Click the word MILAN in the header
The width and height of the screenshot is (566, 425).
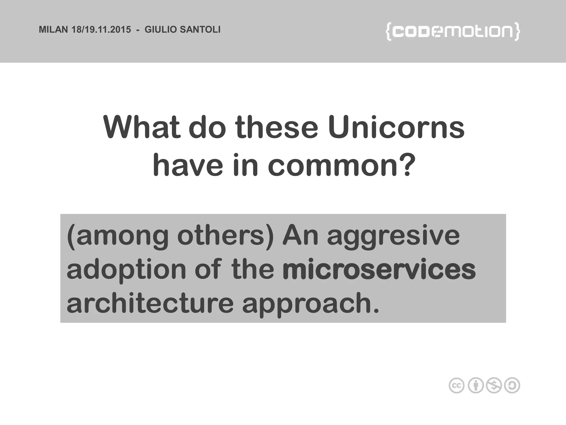click(x=53, y=30)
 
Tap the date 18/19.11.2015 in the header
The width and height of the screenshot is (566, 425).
click(x=101, y=30)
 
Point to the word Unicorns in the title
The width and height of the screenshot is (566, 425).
click(x=396, y=128)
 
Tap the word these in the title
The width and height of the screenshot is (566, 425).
click(x=277, y=128)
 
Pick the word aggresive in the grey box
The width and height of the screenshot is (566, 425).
click(x=393, y=237)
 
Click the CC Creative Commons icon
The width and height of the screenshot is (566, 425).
click(x=456, y=385)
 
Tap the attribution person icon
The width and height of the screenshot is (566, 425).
click(x=475, y=385)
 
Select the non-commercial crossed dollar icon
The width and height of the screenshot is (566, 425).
click(x=494, y=385)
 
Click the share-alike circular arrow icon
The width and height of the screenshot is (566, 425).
click(x=512, y=385)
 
